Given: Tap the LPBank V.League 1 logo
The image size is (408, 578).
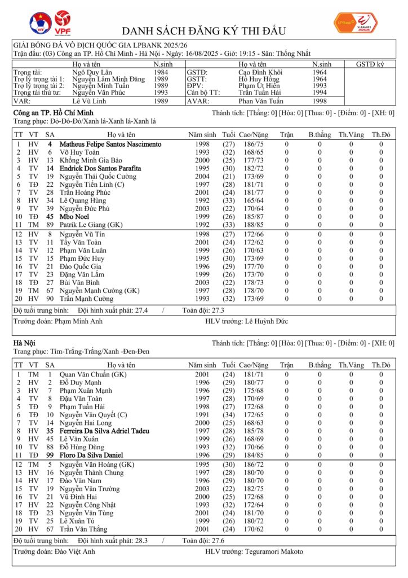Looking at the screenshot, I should coord(356,22).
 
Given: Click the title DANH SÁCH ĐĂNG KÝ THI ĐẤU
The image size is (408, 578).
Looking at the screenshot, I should coord(204,30).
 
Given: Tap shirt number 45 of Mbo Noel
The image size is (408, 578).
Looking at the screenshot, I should coord(50,216).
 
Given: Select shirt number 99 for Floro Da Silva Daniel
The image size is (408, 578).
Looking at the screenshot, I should coord(50,454).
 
